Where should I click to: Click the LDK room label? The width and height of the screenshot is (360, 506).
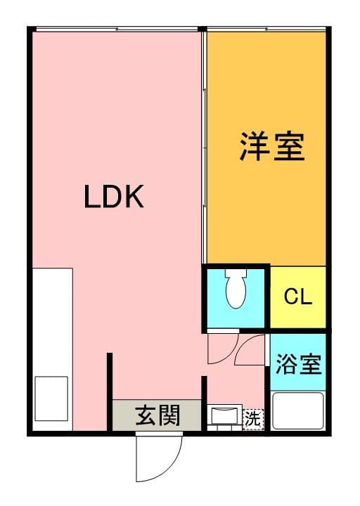[114, 197]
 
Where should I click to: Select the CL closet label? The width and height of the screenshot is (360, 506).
[298, 297]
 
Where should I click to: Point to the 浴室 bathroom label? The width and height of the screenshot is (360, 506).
[298, 365]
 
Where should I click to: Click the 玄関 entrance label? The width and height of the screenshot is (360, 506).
[158, 415]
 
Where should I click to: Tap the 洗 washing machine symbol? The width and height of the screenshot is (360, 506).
[252, 417]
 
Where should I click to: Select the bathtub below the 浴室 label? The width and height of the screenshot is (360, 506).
[298, 412]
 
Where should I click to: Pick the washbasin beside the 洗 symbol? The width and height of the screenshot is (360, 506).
[225, 416]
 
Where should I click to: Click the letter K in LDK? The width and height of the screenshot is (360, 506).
[134, 197]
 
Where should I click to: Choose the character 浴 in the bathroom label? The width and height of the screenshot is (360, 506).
[286, 365]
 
